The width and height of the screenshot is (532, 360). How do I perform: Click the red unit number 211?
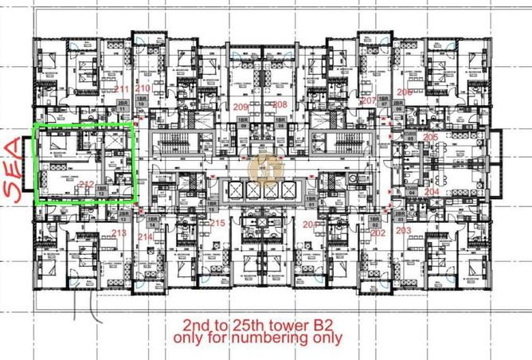click(122, 88)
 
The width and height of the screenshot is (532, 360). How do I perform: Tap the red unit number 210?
click(143, 88)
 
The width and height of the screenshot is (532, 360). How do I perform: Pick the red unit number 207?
click(368, 101)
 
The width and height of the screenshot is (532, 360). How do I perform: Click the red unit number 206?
click(404, 93)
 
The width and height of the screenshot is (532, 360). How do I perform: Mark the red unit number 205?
click(431, 138)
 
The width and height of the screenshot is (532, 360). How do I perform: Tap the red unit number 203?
click(403, 231)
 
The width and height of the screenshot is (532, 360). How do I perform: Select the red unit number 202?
click(377, 233)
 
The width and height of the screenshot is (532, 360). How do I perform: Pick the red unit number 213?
click(119, 233)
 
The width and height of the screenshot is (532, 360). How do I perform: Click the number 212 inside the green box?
click(87, 186)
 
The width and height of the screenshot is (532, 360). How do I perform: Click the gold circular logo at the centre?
click(260, 168)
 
